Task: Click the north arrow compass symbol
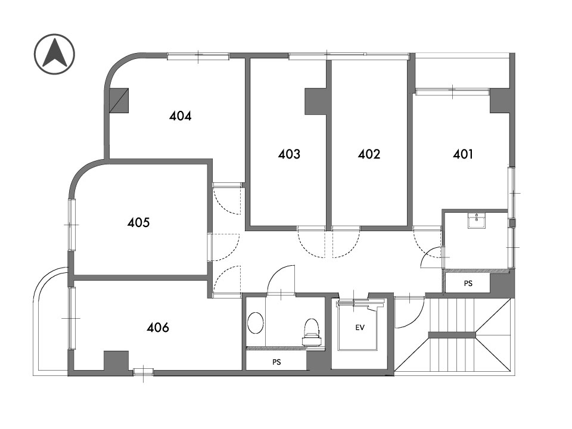click(55, 54)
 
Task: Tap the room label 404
click(180, 116)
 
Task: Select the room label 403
click(289, 154)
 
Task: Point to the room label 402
click(369, 154)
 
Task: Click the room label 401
click(462, 154)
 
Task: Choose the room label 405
click(138, 222)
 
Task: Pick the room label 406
click(157, 327)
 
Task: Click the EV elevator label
click(360, 328)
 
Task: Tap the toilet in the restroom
click(312, 332)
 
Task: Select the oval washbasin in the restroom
click(256, 322)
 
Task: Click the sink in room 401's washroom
click(477, 222)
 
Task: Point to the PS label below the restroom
click(276, 362)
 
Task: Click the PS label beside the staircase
click(468, 283)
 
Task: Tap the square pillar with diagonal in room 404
click(119, 100)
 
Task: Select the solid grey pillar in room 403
click(316, 102)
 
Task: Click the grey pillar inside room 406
click(116, 361)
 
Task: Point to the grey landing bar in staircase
click(452, 335)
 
